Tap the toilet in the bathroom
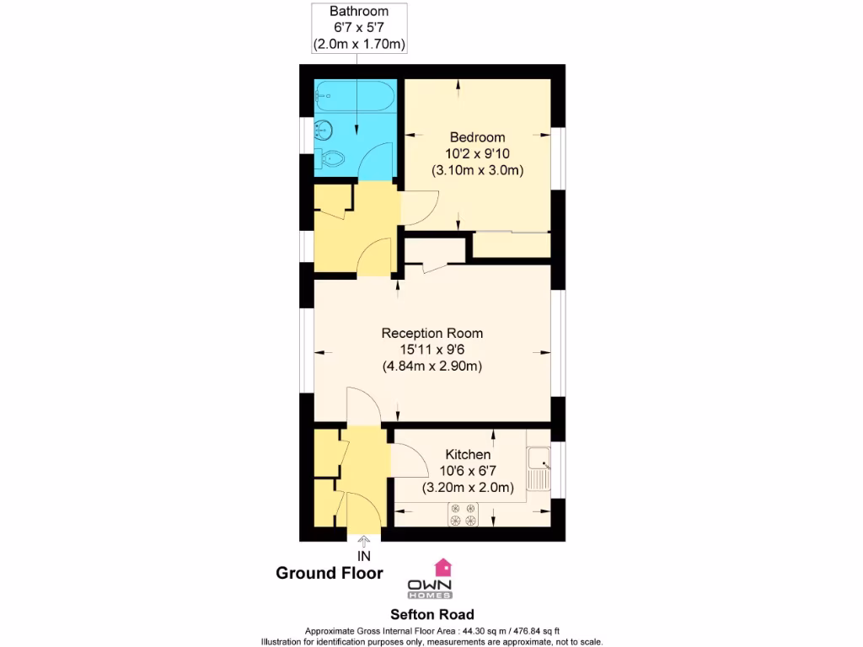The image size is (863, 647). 332,158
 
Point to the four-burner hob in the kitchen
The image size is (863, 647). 463,515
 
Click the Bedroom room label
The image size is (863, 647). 477,137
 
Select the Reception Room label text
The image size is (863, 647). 431,334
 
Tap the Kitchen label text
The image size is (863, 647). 468,455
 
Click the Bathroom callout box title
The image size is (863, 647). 359,12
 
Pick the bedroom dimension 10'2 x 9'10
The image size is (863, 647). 477,153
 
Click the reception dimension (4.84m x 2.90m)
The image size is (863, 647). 431,366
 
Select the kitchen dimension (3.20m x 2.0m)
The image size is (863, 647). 468,488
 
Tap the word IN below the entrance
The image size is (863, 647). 364,556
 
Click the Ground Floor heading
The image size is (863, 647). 330,574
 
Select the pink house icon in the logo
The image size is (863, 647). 442,566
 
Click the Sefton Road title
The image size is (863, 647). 431,615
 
